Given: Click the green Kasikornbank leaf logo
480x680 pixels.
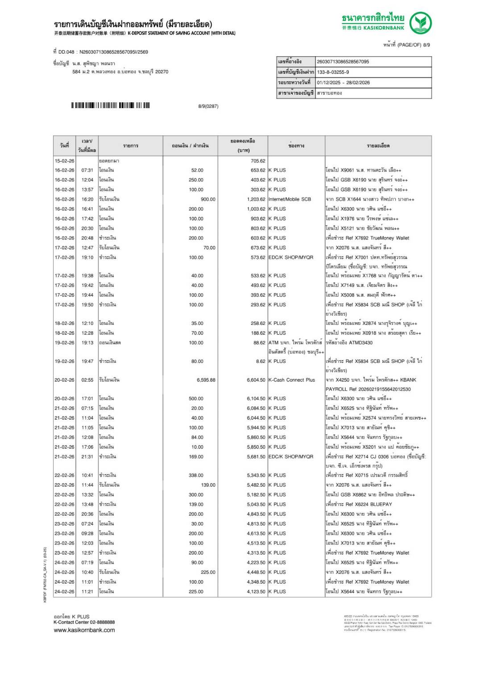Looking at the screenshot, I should coord(420,23).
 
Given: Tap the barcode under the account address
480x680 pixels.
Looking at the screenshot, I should coord(110,106).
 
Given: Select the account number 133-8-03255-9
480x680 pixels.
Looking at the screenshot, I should coord(333,72).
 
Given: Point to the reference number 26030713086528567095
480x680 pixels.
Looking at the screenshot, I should coord(343,62).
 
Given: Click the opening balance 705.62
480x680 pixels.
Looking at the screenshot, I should coord(257,161).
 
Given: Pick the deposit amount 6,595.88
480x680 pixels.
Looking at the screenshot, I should coord(206,380).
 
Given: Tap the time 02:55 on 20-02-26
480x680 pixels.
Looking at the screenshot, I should coord(87,380).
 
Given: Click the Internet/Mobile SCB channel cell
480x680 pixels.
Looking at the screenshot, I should coord(290,199).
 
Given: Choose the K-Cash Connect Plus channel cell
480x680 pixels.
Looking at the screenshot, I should coord(291,380).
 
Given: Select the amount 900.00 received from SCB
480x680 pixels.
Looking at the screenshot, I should coord(207,199).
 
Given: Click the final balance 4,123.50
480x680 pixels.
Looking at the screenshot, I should coord(256,592).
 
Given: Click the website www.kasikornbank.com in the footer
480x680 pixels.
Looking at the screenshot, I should coord(84,630).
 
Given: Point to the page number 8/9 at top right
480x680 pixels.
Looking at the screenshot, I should coord(426,45).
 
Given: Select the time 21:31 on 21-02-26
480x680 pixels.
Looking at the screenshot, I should coord(87,457).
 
